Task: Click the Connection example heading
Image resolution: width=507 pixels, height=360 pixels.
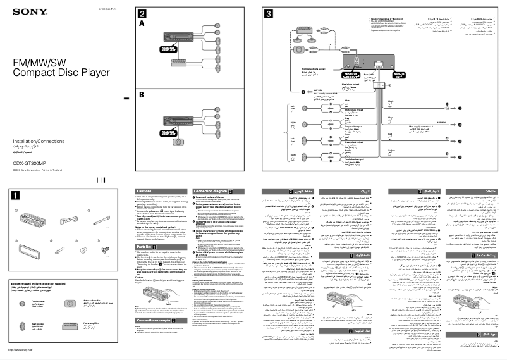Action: pyautogui.click(x=155, y=320)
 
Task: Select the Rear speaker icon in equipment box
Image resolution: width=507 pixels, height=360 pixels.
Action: pyautogui.click(x=22, y=328)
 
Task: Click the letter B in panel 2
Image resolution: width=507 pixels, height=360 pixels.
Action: pyautogui.click(x=142, y=95)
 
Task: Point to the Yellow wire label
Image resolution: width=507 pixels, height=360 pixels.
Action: pyautogui.click(x=390, y=149)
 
